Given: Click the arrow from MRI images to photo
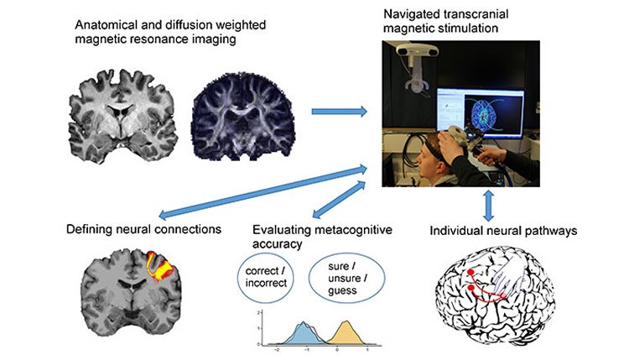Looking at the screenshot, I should (x=340, y=110).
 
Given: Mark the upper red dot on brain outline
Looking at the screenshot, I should (x=474, y=274).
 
